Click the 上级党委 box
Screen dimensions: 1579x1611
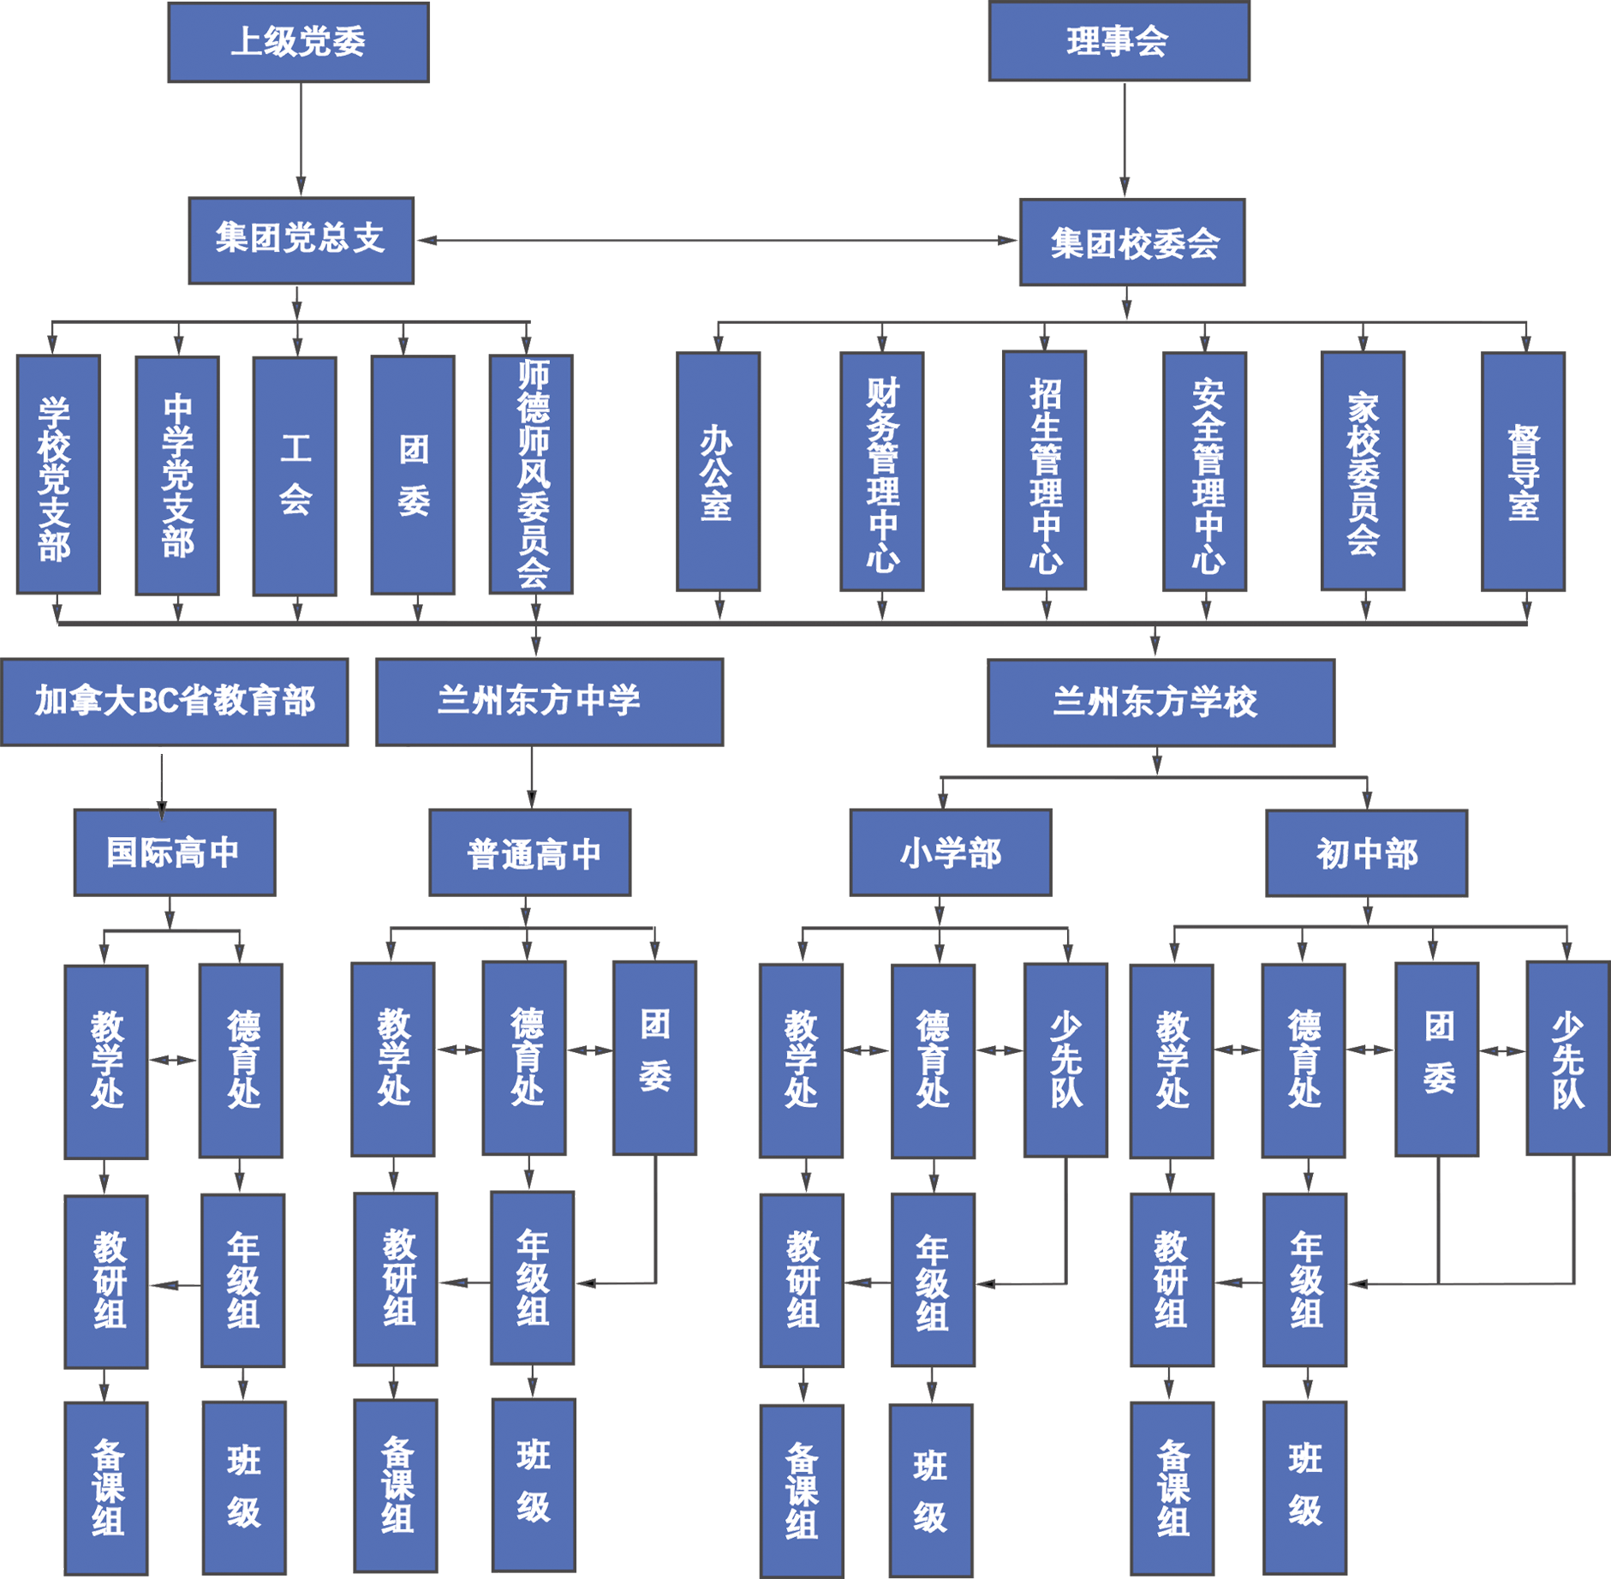298,42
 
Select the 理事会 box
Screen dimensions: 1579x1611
1119,41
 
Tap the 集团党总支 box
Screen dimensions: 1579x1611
301,240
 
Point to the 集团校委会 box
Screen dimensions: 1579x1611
1132,242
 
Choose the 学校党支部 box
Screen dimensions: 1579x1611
57,474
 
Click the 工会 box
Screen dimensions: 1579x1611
295,475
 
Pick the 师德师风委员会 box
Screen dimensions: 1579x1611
531,474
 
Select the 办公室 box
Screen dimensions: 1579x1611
718,472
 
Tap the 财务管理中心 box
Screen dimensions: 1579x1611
881,472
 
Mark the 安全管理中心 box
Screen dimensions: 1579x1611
1204,471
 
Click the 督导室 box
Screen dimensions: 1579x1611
1523,472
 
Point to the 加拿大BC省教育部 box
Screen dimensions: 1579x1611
175,702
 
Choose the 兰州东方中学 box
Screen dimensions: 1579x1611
549,702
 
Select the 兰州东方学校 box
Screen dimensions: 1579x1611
1161,703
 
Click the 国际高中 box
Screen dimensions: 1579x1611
175,852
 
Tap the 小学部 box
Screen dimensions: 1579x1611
951,852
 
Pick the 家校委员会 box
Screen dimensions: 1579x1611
1363,471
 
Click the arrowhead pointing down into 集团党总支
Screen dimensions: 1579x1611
301,183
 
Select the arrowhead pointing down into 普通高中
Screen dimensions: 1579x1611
531,798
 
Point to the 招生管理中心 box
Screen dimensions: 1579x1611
1044,470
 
